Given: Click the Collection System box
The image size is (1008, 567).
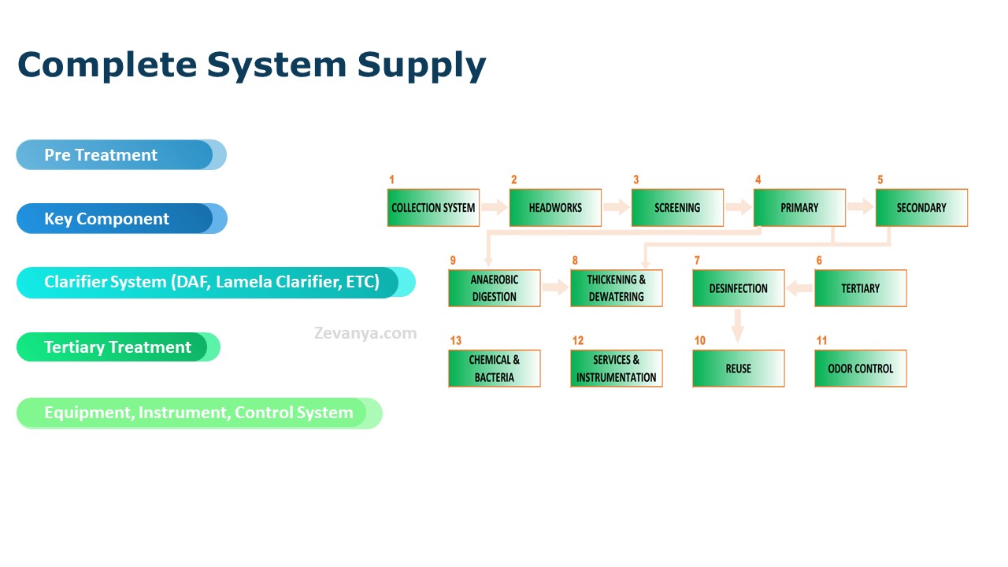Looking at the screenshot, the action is (x=433, y=207).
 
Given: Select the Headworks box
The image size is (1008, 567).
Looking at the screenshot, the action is (x=555, y=207).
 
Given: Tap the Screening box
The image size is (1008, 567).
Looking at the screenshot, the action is (x=677, y=207).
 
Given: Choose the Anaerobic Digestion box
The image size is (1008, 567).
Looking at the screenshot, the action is (x=494, y=288).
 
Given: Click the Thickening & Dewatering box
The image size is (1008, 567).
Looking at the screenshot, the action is (x=617, y=288).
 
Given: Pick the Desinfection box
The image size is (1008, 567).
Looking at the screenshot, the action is (x=739, y=288).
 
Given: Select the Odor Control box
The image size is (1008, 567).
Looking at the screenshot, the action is (x=861, y=369).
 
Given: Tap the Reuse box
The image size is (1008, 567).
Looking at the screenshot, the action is (x=739, y=369).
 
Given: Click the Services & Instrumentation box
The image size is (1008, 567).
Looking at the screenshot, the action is (x=617, y=369).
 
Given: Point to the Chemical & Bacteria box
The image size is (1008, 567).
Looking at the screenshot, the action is (x=494, y=369).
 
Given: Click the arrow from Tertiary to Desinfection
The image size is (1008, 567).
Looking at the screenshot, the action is (x=799, y=288).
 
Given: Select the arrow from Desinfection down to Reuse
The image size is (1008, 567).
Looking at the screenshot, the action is (x=738, y=326).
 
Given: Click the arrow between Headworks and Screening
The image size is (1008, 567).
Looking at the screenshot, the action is (x=617, y=207).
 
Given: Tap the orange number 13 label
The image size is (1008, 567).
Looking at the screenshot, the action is (x=456, y=341).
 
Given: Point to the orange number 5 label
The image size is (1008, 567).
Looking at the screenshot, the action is (x=880, y=180).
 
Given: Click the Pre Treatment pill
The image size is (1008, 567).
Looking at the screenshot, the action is (x=121, y=155).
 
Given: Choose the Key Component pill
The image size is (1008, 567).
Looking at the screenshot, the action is (x=121, y=219).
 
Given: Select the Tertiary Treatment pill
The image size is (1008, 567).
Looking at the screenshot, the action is (x=118, y=347).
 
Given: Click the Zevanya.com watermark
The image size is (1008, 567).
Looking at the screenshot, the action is (x=365, y=333).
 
